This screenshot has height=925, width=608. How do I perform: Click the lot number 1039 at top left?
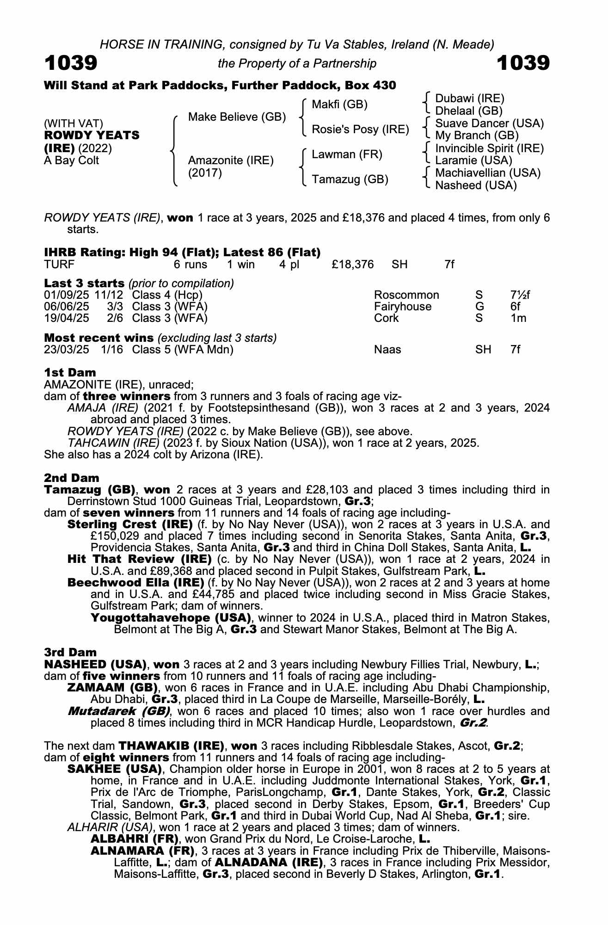coord(71,63)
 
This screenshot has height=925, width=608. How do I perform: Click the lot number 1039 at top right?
coord(523,63)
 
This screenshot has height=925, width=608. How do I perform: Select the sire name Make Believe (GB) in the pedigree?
coord(237,117)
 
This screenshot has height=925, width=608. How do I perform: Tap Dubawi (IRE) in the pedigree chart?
coord(469,98)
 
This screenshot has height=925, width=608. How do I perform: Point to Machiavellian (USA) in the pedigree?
coord(488,173)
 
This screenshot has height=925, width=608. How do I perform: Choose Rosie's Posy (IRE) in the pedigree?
coord(360,129)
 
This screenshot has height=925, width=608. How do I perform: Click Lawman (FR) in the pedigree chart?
coord(347,154)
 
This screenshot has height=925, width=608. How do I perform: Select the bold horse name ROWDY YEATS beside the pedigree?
coord(92,136)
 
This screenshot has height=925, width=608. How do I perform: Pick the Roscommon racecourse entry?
coord(406,295)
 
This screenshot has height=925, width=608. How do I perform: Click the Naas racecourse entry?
coord(387,350)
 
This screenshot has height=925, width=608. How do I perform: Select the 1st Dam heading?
coord(70,373)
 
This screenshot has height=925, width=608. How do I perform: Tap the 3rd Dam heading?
coord(70,653)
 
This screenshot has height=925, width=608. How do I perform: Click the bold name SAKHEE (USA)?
coord(114,769)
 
